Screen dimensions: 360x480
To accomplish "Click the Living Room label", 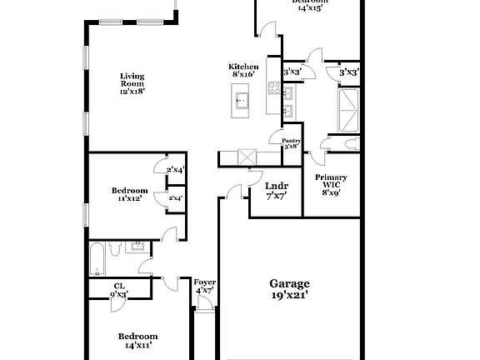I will tap(132, 79).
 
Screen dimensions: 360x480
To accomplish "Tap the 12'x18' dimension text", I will tap(132, 92).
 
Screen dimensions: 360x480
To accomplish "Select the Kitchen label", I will tap(243, 67).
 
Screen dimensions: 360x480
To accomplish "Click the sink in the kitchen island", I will tap(242, 102).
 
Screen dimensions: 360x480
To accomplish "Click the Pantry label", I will tap(291, 141).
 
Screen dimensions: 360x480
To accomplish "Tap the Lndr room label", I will tap(277, 187).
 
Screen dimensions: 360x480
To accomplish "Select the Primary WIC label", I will tap(331, 182).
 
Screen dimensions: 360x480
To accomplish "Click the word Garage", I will tap(289, 282).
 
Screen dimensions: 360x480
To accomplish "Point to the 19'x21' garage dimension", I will tap(289, 294).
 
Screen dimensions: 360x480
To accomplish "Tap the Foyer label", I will tap(205, 282).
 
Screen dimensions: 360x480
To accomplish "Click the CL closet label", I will tap(119, 286).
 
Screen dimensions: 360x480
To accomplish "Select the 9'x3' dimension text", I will tap(119, 294).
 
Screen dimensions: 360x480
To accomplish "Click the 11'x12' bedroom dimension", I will tap(129, 199).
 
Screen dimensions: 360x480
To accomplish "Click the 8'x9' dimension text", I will tap(331, 193).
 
